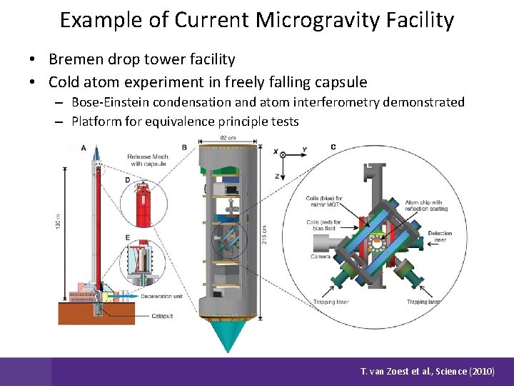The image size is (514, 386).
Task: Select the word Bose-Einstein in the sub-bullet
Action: pyautogui.click(x=113, y=102)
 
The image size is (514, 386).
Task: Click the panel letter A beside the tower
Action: pyautogui.click(x=84, y=148)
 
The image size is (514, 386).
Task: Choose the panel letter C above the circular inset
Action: pyautogui.click(x=333, y=147)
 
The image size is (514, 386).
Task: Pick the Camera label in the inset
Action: pyautogui.click(x=319, y=256)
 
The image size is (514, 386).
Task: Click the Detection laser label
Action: pyautogui.click(x=440, y=237)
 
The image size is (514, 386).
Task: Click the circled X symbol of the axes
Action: pyautogui.click(x=283, y=154)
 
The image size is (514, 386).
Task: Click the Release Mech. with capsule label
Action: pyautogui.click(x=147, y=159)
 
